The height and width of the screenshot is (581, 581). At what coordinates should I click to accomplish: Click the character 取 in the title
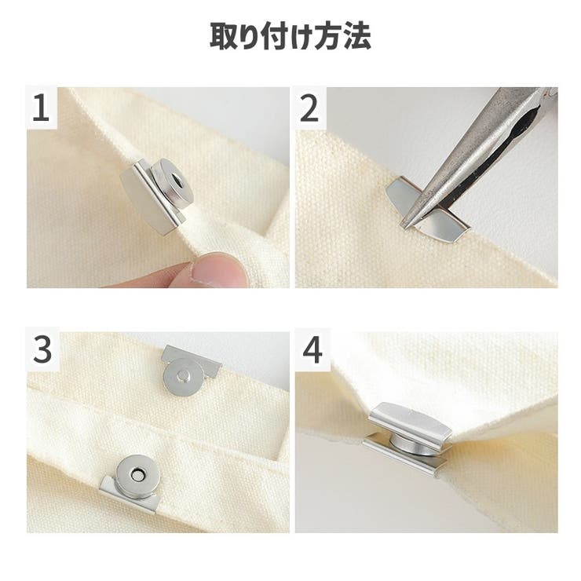pos(225,37)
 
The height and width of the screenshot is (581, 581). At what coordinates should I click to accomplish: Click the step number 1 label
pos(41,109)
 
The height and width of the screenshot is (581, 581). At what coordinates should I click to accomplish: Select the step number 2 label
pos(310,109)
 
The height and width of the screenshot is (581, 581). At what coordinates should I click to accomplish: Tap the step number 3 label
pos(42,350)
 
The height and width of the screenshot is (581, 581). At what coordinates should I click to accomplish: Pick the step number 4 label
pos(312,350)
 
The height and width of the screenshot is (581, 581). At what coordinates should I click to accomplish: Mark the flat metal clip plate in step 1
pos(144,201)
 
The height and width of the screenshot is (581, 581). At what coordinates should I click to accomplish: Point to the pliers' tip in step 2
pos(406,223)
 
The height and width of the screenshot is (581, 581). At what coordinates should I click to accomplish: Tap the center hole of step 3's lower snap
pos(135,473)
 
